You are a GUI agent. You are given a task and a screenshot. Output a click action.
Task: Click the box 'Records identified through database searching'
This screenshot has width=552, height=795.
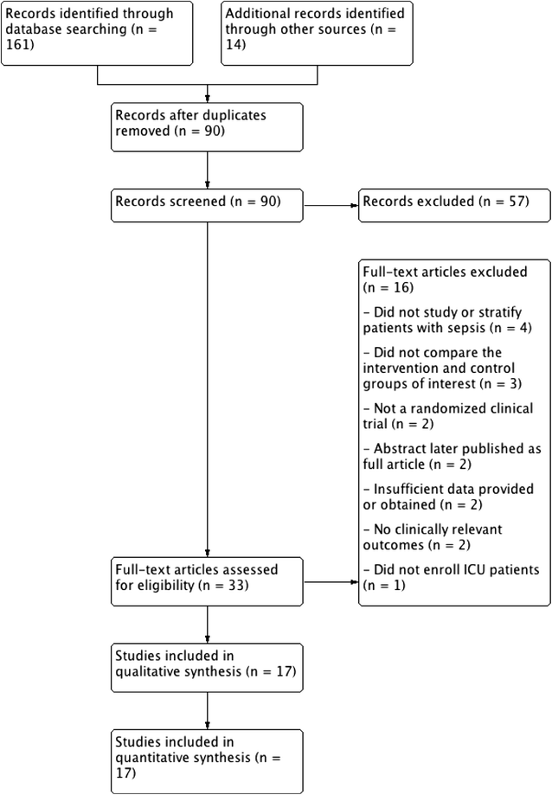pos(97,33)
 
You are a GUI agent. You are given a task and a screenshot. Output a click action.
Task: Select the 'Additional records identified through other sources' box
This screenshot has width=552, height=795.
pos(317,33)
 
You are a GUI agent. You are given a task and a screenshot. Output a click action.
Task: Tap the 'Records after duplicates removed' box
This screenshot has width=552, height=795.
pos(208,126)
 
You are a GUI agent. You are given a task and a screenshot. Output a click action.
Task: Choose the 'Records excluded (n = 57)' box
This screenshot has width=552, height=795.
pos(454,202)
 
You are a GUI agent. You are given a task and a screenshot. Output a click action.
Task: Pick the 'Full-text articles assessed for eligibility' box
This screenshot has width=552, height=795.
pos(208,581)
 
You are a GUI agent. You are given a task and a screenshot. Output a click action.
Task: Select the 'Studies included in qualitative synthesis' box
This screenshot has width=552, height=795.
pos(208,667)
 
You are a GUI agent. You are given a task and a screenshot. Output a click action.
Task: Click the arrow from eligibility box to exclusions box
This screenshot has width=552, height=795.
pos(331,581)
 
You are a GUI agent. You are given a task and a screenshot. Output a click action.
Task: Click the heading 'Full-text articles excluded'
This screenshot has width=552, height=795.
pos(445,272)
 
